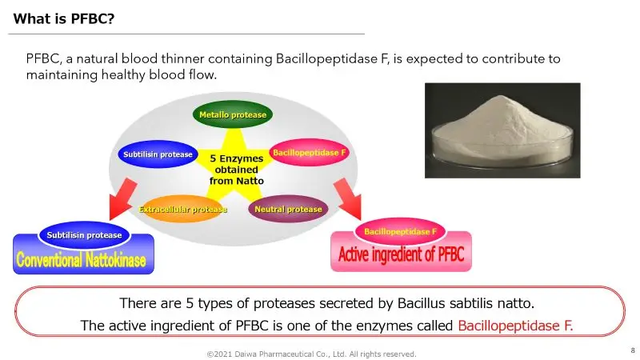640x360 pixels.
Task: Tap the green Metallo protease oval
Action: [233, 115]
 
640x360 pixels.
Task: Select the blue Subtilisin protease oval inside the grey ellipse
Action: [157, 154]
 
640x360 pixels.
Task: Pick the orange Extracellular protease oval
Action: [183, 209]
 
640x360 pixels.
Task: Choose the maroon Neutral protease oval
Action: [288, 209]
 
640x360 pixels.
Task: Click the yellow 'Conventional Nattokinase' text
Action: [84, 259]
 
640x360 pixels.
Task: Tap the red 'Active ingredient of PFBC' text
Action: [401, 257]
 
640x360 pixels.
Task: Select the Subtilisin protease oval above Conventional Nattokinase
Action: [84, 235]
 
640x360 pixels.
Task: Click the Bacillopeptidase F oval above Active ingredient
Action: [400, 231]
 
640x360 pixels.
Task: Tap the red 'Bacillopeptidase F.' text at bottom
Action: [516, 326]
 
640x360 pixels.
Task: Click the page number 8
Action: [632, 350]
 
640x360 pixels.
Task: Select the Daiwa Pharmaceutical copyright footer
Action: [311, 353]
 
